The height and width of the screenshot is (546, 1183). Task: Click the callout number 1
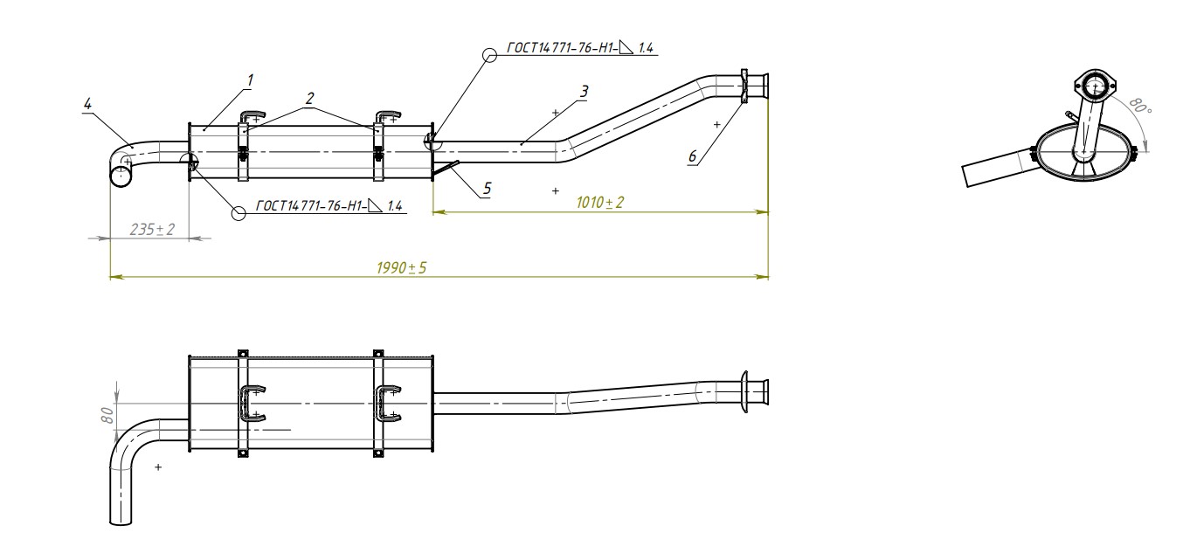(x=249, y=79)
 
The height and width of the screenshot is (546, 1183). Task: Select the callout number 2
(x=309, y=99)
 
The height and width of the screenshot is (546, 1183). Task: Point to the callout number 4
(x=86, y=103)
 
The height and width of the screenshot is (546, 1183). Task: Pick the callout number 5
(x=487, y=187)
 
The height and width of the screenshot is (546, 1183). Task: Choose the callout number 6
(x=692, y=156)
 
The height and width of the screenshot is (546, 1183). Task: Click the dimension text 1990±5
(x=401, y=268)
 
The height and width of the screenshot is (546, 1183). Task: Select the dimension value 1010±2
(x=600, y=203)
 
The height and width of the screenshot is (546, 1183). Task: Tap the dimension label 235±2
(x=152, y=229)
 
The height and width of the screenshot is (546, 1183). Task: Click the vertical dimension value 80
(x=108, y=413)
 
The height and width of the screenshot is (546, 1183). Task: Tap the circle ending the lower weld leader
(x=238, y=212)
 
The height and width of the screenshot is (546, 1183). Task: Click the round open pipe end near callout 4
(x=121, y=176)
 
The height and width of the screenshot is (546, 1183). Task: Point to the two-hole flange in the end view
(x=1095, y=86)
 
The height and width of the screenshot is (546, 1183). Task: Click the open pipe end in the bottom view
(x=121, y=522)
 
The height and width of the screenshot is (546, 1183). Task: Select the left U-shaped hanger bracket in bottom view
(x=252, y=404)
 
